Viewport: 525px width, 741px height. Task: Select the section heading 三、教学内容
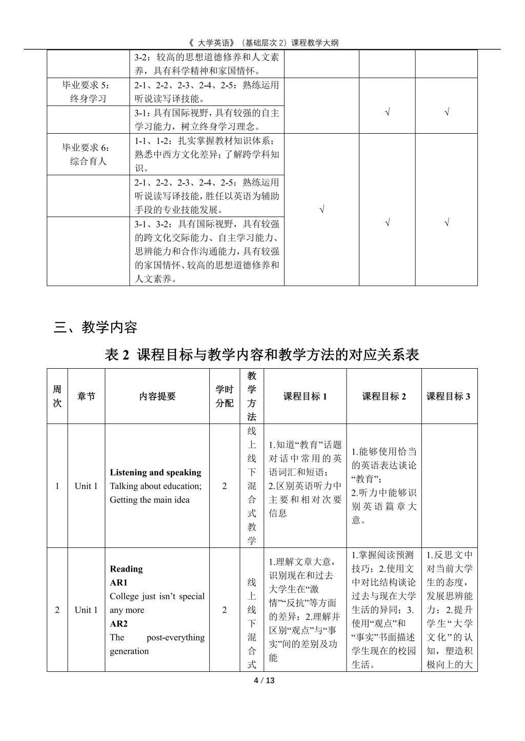point(96,327)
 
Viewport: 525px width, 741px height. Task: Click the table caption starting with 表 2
point(262,354)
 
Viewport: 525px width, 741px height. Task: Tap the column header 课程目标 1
point(305,396)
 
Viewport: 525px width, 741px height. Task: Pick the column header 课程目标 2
point(384,396)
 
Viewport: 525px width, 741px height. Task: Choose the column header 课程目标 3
point(449,396)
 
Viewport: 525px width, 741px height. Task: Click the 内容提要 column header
point(157,396)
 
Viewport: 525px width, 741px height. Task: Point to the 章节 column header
point(86,396)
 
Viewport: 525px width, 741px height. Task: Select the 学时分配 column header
point(224,396)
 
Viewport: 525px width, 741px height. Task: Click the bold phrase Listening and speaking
point(155,472)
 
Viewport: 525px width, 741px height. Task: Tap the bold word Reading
point(126,568)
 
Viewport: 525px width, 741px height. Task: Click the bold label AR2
point(118,623)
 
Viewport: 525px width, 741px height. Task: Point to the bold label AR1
point(118,582)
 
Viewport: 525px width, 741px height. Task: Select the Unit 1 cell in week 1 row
point(86,486)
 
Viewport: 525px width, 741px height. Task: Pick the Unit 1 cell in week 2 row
point(86,609)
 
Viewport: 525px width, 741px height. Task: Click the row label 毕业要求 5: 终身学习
point(88,92)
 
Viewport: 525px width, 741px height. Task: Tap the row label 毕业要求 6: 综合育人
point(88,154)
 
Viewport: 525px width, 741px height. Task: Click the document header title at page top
point(262,43)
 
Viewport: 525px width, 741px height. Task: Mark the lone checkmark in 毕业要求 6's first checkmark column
point(321,209)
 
